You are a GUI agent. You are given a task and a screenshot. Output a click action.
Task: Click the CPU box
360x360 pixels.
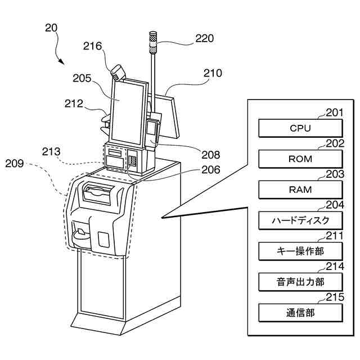coord(300,128)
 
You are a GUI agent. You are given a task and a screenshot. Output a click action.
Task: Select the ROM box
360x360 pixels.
coord(300,159)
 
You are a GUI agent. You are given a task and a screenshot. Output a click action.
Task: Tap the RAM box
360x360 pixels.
coord(300,189)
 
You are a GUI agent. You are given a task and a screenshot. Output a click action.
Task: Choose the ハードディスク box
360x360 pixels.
coord(300,219)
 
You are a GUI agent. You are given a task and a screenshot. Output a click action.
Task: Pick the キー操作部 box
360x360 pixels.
coord(300,250)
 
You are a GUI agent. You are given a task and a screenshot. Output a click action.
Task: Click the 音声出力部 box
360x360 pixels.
coord(300,281)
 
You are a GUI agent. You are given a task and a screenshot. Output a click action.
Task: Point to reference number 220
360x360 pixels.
coord(205,39)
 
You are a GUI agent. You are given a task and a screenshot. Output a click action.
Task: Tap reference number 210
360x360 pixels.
coord(213,73)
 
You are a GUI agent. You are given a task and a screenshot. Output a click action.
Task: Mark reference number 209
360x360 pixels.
coord(15,164)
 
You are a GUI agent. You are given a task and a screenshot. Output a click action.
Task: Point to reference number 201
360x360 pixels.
coord(334,113)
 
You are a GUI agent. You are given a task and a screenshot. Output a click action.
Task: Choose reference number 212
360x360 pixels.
coord(74,103)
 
